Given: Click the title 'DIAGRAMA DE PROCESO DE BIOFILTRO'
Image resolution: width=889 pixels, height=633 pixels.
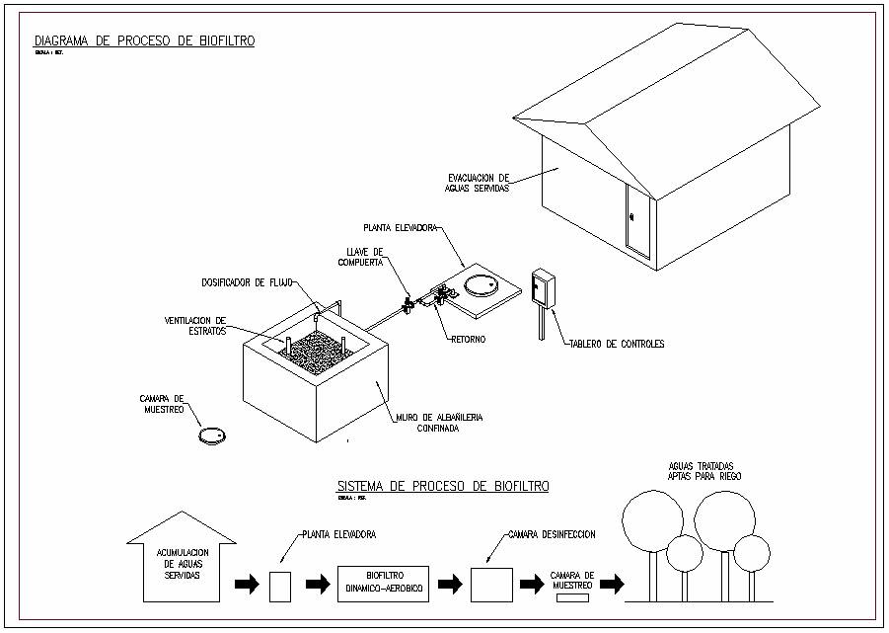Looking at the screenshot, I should pos(144,40).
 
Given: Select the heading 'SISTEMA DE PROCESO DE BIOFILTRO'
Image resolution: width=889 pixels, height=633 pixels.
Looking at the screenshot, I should pos(443,486).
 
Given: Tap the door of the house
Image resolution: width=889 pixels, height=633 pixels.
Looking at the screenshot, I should pos(637,220).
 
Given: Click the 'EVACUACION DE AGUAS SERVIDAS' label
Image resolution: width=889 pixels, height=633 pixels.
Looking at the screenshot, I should pos(477,183).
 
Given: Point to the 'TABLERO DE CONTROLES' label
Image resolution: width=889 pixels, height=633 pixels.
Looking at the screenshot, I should pos(617,344).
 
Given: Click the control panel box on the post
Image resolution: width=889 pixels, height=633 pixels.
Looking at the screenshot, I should pos(542,288).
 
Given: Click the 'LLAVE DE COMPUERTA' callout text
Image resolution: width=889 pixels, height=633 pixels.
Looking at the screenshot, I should pos(359,256).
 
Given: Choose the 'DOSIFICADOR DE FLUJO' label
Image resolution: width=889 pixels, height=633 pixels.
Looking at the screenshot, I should pos(247,282).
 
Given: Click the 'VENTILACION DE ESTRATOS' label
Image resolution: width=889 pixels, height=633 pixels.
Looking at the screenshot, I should pos(195,326).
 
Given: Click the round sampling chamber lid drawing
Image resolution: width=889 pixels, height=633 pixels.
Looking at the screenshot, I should pos(212,435).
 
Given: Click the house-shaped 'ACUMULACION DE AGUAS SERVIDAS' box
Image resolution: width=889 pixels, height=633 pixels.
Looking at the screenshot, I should pos(182,564).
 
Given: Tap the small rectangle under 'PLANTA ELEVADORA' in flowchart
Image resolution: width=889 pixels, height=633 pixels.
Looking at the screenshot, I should pos(280,586).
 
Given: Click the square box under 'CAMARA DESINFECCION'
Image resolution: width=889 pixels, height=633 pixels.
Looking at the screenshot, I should pos(490,585).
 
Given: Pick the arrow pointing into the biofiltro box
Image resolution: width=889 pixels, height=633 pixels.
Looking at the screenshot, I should pos(318,585).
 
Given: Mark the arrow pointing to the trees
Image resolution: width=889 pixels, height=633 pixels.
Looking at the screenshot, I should pos(612,585).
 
